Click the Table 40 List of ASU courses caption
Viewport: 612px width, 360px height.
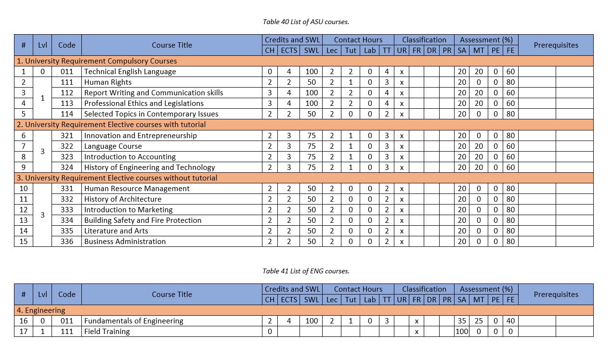306,22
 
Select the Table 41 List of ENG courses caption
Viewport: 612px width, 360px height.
306,271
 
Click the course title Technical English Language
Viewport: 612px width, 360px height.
130,72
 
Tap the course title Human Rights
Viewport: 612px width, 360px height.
108,82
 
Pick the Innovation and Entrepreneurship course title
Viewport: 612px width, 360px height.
141,136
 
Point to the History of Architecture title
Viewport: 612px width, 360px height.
123,199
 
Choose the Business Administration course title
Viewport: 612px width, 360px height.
125,242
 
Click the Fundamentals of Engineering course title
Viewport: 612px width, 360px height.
134,321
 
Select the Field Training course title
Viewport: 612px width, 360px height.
107,332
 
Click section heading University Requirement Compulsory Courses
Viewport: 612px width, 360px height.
97,61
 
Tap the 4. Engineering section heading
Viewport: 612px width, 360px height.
41,310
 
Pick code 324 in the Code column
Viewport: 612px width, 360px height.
67,167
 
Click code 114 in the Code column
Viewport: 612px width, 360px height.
67,114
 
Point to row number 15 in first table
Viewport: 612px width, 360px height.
24,242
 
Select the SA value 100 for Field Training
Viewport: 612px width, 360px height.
462,332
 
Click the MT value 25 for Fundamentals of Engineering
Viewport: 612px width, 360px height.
479,321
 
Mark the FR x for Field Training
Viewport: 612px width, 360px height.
417,332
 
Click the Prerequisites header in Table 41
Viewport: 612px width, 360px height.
556,295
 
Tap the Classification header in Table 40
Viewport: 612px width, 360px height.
424,40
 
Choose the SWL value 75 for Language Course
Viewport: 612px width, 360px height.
312,146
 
